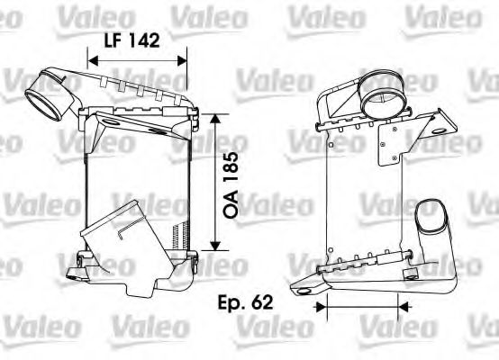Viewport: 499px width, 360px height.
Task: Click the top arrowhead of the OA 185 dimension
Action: point(213,118)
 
